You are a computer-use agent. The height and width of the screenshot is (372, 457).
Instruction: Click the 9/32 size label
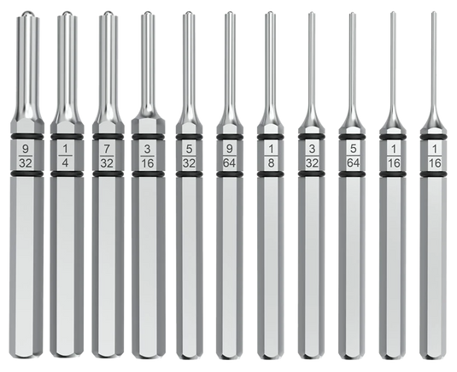26,156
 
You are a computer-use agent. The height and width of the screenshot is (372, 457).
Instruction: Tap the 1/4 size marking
66,156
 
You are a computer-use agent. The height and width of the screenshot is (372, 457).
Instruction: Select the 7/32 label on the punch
107,156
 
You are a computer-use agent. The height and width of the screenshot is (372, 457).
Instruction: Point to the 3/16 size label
148,156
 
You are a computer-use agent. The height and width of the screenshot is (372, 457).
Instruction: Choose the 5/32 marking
189,156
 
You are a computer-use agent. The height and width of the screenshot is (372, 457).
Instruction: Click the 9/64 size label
230,156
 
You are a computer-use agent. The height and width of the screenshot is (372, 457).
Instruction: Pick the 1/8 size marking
271,156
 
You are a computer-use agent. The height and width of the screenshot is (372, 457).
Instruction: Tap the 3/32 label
312,156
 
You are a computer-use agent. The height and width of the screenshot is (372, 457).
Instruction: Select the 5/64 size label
353,156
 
